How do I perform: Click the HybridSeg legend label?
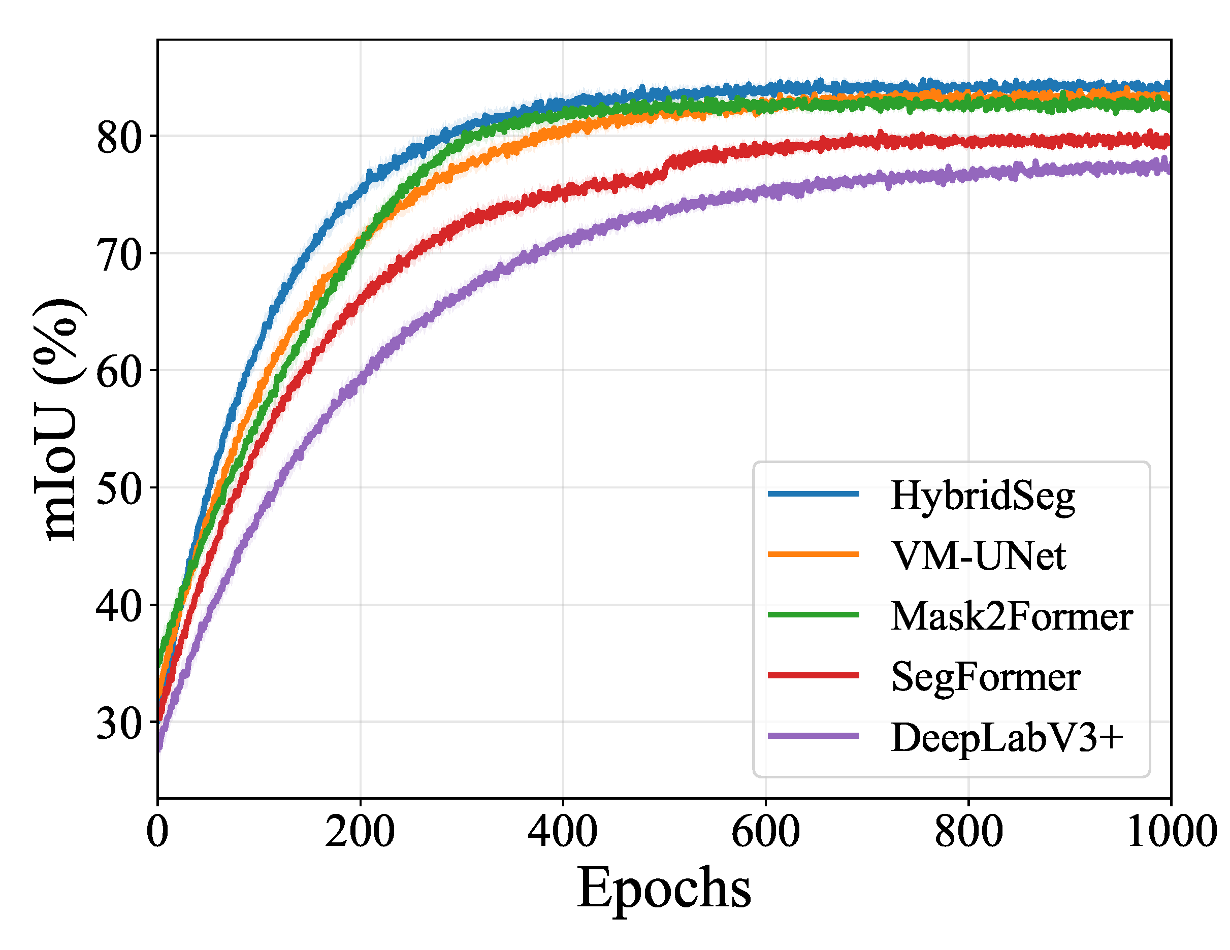[983, 496]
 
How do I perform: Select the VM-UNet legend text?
[979, 556]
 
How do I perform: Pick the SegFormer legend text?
[986, 677]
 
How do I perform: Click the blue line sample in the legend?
[814, 494]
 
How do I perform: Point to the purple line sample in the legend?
[814, 735]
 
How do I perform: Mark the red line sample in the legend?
[814, 675]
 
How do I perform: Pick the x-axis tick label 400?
[563, 832]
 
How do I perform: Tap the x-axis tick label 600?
[765, 832]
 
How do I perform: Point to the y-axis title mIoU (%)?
[59, 419]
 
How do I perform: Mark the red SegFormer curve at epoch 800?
[968, 141]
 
